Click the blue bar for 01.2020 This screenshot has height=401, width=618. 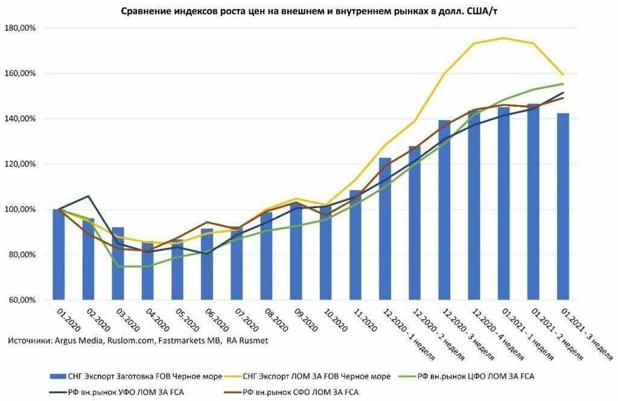click(x=59, y=254)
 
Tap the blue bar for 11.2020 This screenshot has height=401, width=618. click(x=355, y=245)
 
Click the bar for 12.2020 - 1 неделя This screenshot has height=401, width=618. click(x=385, y=229)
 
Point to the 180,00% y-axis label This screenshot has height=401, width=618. click(x=20, y=28)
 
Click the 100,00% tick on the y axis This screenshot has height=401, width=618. click(x=20, y=209)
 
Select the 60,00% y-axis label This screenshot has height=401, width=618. click(x=20, y=300)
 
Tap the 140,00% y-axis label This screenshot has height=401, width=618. click(x=20, y=119)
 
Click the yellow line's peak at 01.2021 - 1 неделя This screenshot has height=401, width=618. click(x=503, y=38)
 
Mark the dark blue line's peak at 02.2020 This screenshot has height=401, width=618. click(x=88, y=196)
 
